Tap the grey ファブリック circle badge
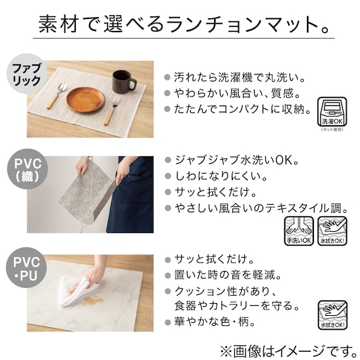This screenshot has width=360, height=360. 27,74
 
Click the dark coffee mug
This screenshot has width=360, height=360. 123,81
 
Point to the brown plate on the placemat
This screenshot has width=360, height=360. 85,99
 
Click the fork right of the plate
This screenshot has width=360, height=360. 114,109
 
